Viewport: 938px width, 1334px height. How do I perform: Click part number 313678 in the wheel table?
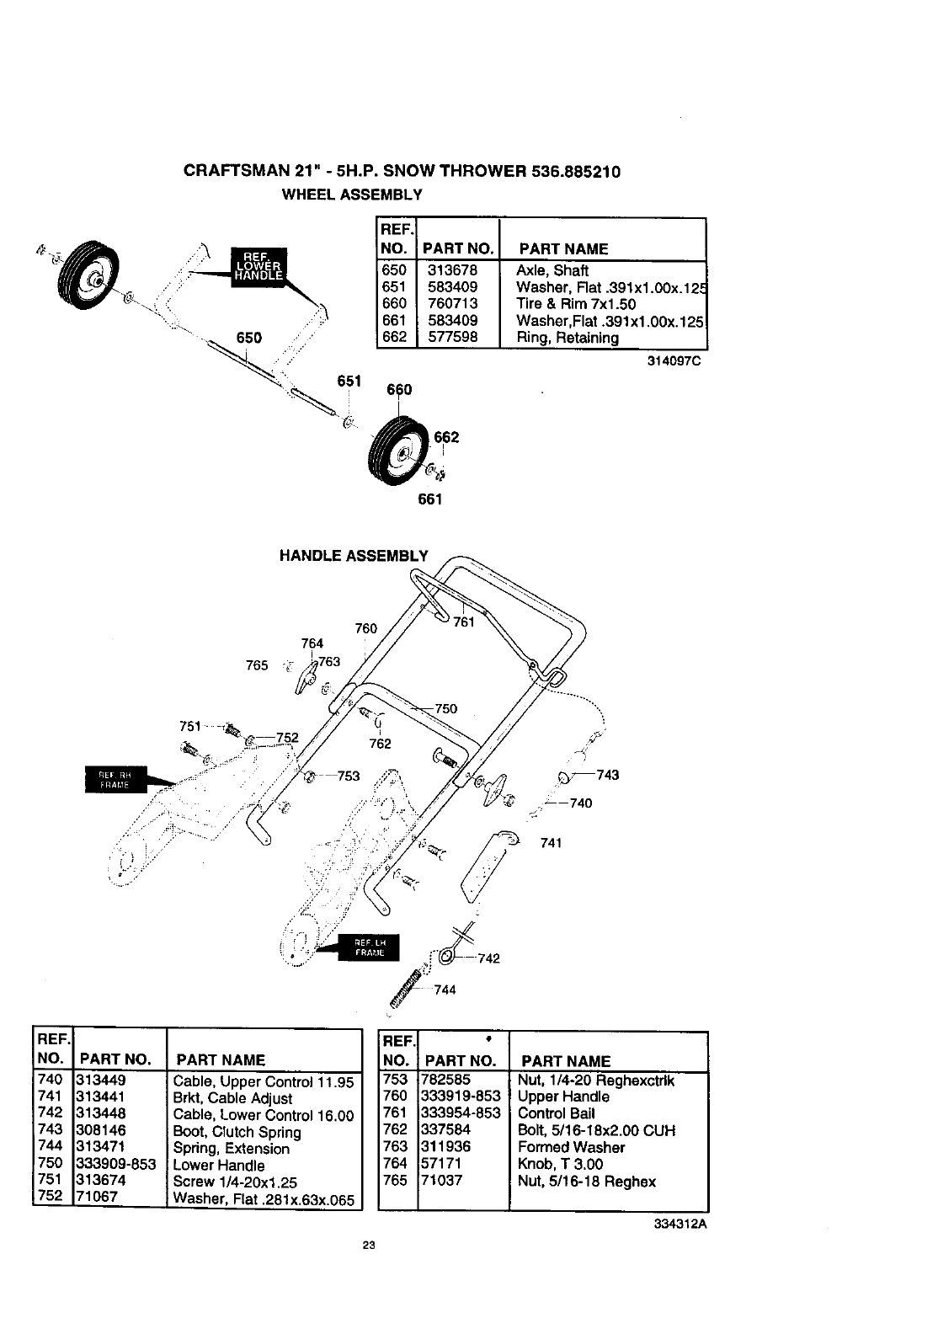[x=452, y=270]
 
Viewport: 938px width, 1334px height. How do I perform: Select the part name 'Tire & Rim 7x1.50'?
[x=575, y=304]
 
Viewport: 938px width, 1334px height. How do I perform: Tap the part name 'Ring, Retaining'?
[x=567, y=338]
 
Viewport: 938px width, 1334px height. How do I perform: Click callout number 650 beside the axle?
[x=249, y=338]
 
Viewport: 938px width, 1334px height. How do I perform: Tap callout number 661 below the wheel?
[x=429, y=499]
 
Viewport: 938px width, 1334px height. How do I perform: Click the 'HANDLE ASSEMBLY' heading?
[x=354, y=555]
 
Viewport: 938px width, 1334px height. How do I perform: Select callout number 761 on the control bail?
[x=464, y=622]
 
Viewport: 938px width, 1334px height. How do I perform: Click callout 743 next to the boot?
[x=607, y=775]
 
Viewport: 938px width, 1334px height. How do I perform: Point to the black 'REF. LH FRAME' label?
[x=369, y=947]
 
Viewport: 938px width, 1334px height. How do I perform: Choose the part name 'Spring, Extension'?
[x=231, y=1148]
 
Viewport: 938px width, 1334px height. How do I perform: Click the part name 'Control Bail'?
[x=556, y=1113]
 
